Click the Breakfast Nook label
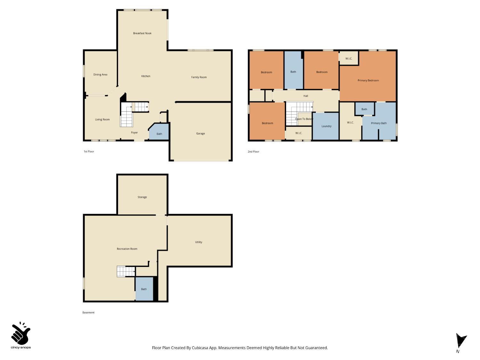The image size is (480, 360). (142, 33)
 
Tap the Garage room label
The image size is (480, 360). (200, 133)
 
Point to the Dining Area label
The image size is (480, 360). (100, 75)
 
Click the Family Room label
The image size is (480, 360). (199, 77)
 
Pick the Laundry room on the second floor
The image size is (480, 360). (326, 126)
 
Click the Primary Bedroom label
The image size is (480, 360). (368, 80)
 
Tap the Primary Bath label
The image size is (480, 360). (379, 123)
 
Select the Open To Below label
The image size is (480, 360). (304, 119)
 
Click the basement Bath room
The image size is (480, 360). (144, 289)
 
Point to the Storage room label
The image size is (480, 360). (142, 197)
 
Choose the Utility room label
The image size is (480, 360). (198, 242)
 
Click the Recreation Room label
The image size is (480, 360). (127, 249)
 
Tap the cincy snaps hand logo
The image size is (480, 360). (21, 334)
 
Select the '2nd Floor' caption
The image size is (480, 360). (253, 152)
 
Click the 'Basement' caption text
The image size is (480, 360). (88, 313)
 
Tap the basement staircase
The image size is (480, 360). (125, 271)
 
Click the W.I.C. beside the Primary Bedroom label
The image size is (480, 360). (348, 59)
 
